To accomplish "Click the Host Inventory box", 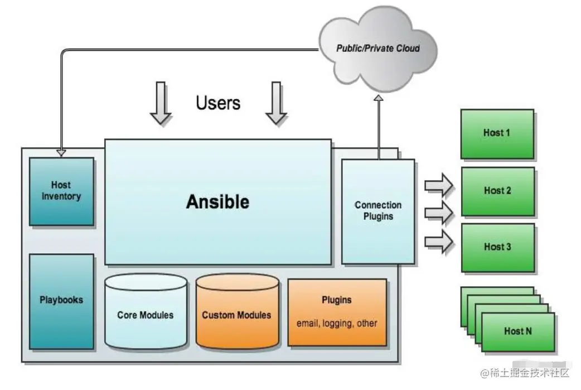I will point(61,191).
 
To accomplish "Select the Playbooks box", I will point(61,300).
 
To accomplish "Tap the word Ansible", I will point(217,201).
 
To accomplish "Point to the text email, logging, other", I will point(337,323).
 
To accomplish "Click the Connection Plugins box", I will point(378,211).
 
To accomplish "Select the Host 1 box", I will point(497,133).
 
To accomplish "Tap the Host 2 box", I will point(497,191).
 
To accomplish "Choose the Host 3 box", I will point(497,247).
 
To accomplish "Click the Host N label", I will point(518,331).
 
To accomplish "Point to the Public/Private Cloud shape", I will point(377,49).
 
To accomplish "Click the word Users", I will point(218,103).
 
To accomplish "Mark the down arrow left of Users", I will point(161,102).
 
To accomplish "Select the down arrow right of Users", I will point(276,102).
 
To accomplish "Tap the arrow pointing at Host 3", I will point(439,242).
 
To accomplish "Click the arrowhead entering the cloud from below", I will point(378,99).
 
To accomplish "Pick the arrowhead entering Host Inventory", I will point(61,153).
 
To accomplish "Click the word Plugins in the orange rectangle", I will point(337,300).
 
